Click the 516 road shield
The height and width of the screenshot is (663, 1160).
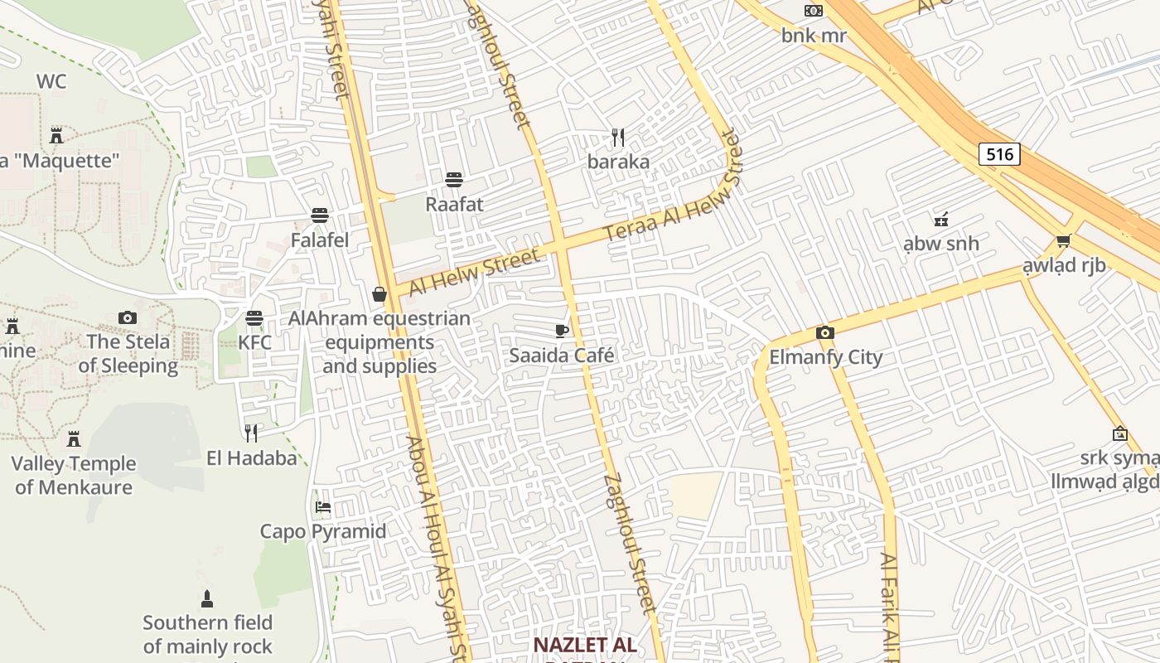point(998,154)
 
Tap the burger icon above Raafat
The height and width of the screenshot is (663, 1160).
point(453,179)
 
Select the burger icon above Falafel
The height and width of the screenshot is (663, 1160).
point(320,215)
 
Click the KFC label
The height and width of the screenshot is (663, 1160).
point(254,342)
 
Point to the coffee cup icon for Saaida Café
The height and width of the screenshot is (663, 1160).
point(562,331)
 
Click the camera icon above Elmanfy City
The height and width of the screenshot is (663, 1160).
point(824,333)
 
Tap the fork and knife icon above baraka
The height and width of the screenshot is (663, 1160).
point(617,137)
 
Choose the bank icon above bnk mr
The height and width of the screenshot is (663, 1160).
point(814,11)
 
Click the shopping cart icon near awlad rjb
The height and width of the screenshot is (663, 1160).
point(1064,240)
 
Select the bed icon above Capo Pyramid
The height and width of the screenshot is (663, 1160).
point(323,506)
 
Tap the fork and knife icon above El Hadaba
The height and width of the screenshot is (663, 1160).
point(251,433)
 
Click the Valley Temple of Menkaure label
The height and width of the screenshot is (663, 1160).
point(74,475)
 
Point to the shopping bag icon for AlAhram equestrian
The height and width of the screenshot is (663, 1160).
point(379,294)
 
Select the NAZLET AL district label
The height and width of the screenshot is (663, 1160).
point(584,645)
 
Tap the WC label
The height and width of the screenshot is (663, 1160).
point(51,81)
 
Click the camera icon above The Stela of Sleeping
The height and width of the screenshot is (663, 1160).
point(127,317)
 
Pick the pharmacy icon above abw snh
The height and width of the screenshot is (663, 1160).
point(940,219)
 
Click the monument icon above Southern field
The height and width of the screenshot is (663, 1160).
point(207,598)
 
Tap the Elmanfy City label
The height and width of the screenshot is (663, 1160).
point(826,357)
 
